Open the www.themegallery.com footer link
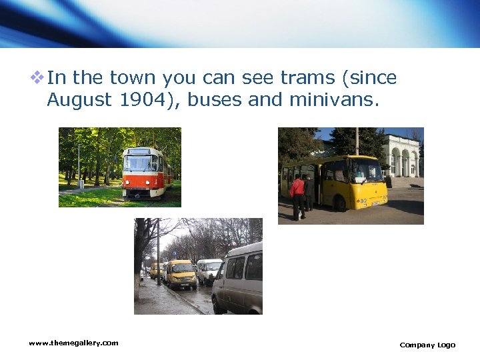click(73, 343)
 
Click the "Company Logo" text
click(427, 345)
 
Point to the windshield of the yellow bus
click(366, 171)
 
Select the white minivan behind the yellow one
click(209, 270)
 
